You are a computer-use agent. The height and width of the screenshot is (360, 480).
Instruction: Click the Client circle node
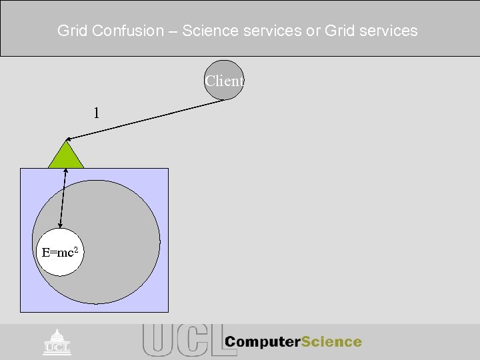tap(224, 81)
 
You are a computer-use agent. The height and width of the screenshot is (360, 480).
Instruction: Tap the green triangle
tap(66, 157)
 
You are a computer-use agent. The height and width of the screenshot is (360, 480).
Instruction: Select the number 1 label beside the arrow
tap(97, 113)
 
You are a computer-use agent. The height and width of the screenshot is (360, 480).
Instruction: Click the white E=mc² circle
tap(61, 253)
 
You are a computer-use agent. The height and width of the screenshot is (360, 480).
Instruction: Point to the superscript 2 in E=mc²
tap(79, 249)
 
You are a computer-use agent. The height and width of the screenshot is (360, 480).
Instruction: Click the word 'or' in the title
tap(313, 31)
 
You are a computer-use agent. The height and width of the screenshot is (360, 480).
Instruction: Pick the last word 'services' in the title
tap(387, 31)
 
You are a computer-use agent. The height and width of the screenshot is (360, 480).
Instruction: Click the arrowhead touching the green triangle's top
tap(69, 139)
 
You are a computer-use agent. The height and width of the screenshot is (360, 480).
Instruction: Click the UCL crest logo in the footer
tap(57, 341)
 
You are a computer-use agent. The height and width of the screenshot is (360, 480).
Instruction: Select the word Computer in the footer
tap(263, 342)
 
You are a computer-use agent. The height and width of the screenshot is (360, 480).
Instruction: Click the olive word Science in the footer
tap(331, 342)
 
